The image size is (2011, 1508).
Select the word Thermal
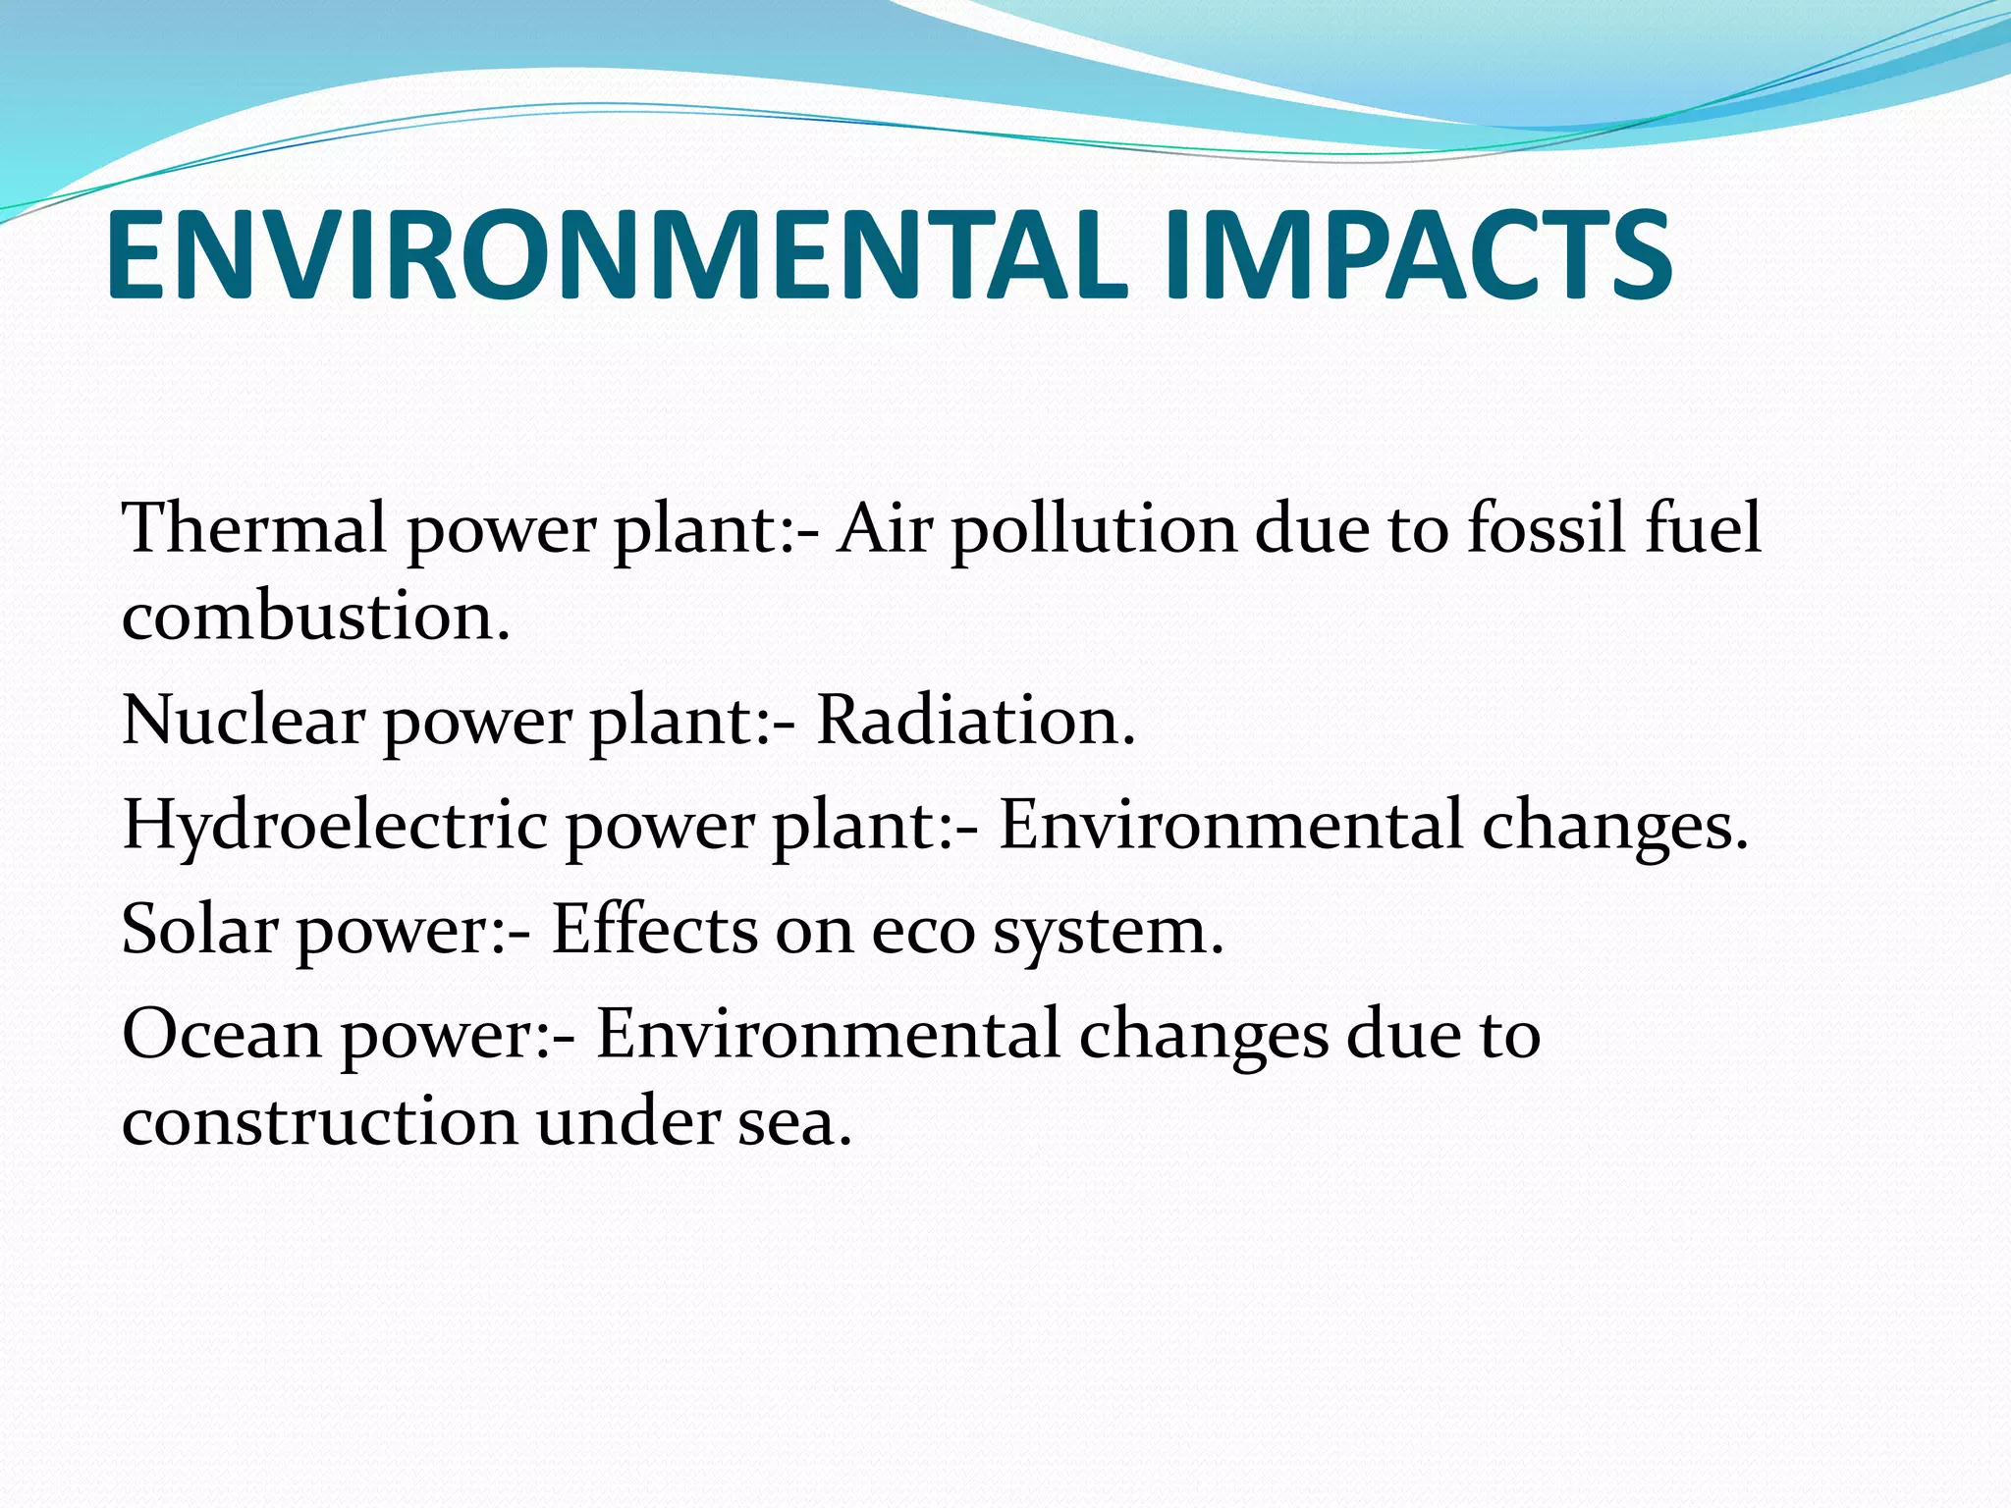point(254,528)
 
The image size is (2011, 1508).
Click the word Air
point(885,528)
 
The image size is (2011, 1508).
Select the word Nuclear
point(244,721)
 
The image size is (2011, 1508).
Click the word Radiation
point(975,721)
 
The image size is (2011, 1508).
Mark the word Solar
point(199,929)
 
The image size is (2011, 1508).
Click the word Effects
point(654,929)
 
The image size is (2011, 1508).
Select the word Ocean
point(221,1035)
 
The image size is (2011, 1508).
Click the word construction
point(319,1121)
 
